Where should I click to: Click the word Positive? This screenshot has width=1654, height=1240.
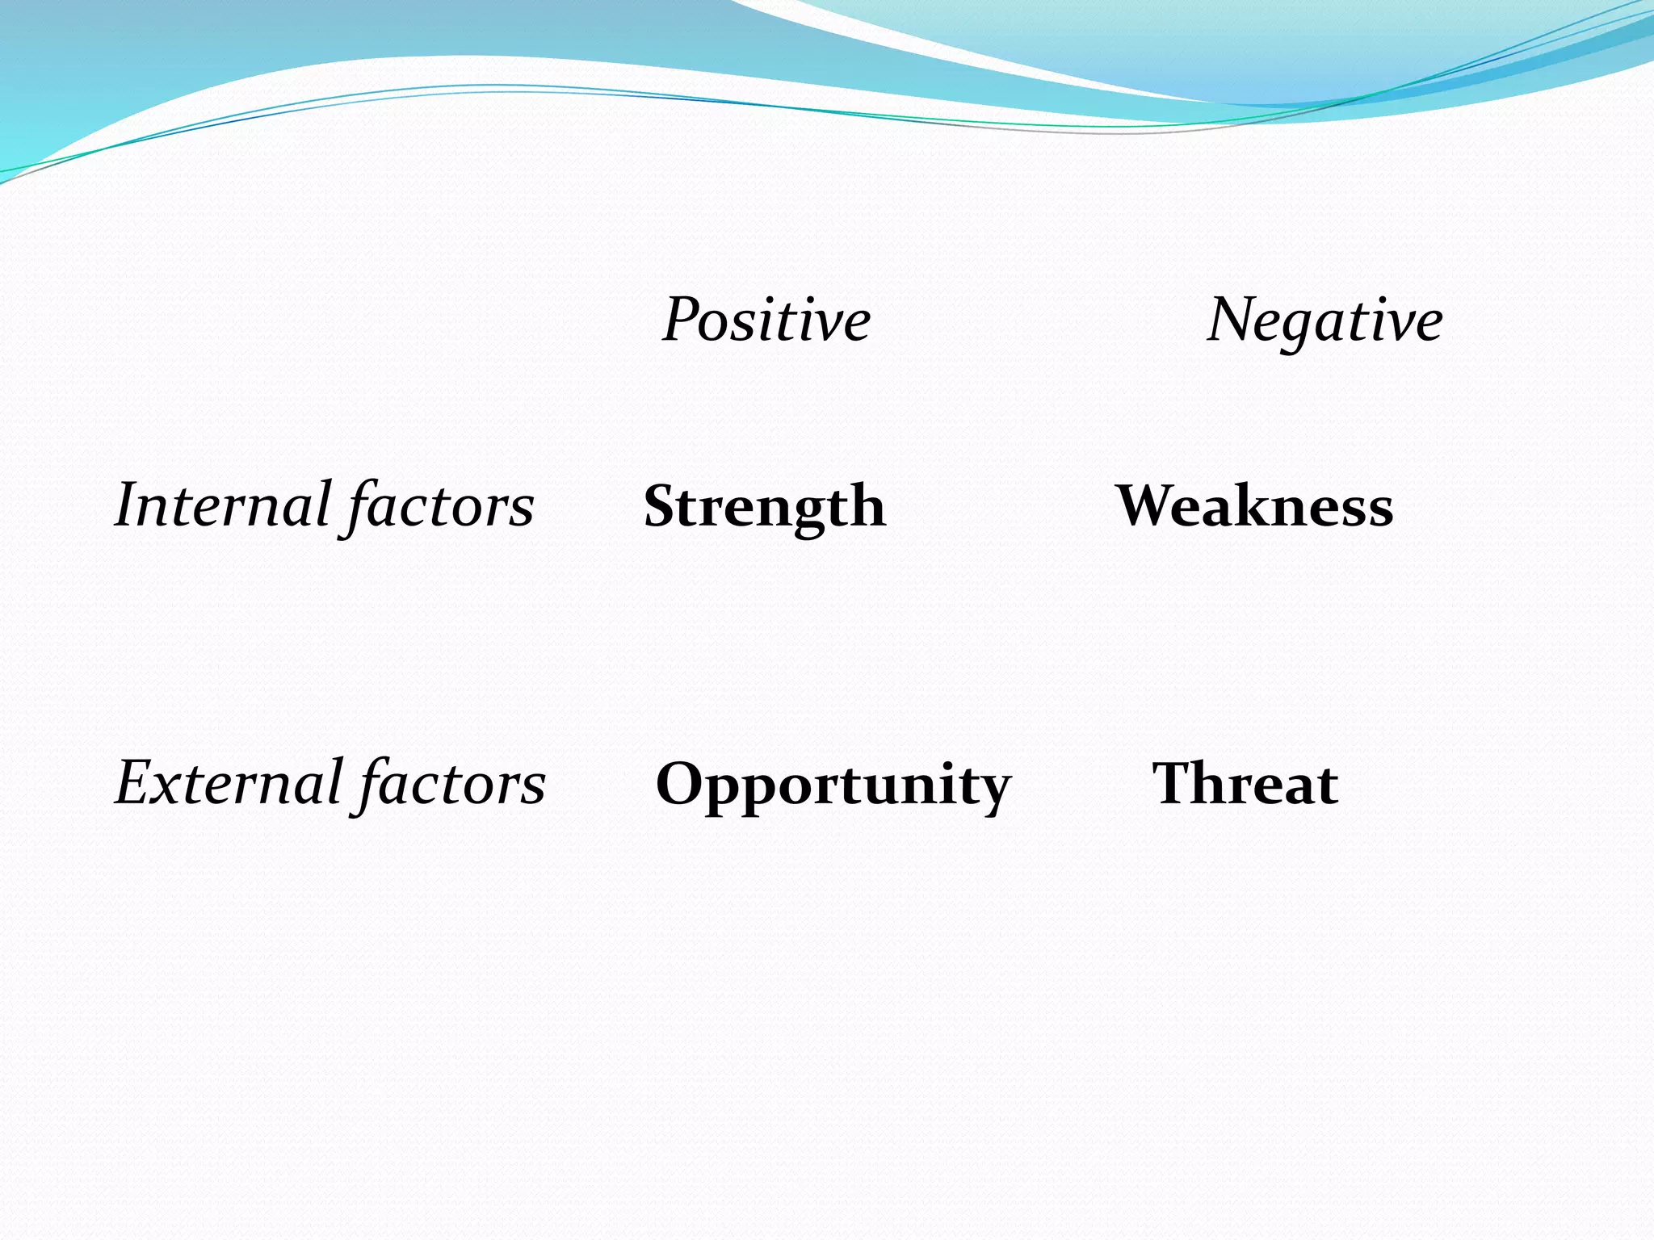766,320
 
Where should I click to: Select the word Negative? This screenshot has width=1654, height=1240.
1324,320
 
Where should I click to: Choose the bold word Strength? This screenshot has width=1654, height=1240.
764,507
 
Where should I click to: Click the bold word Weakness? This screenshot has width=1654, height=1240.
1254,506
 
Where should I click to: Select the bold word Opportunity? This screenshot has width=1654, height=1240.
833,785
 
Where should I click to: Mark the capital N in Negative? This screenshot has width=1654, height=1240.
1231,320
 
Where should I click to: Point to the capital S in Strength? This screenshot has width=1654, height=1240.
661,506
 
